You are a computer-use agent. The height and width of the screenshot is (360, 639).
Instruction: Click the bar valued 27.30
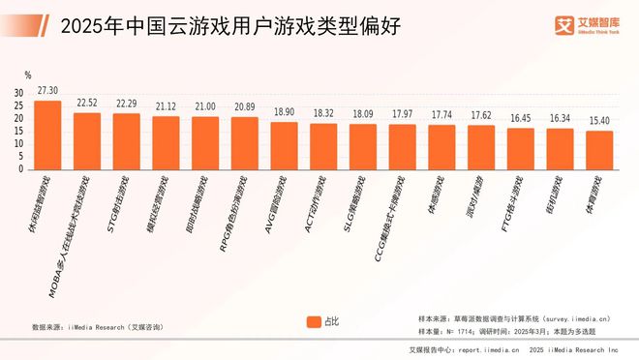(47, 135)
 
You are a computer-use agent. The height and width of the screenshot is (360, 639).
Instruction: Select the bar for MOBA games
(87, 141)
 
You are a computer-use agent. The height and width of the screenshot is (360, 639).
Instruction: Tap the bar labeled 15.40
(599, 150)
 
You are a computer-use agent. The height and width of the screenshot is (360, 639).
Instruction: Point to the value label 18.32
(323, 113)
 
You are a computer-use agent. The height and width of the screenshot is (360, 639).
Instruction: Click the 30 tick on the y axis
(18, 93)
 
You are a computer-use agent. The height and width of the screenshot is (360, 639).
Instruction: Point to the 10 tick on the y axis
(18, 143)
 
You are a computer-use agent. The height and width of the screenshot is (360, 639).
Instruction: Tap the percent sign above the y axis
(28, 75)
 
